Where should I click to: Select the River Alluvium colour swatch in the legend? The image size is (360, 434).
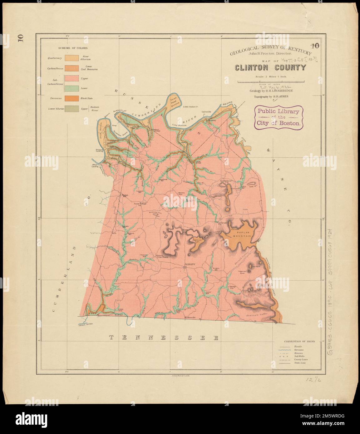point(72,58)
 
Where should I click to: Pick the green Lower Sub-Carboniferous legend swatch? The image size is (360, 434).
point(72,88)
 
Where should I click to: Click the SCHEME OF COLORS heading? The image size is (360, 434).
point(72,48)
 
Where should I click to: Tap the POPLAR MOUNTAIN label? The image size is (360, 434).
point(244,234)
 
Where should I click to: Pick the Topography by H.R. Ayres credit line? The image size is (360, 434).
point(267,97)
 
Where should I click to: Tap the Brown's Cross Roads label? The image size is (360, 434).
point(162,256)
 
